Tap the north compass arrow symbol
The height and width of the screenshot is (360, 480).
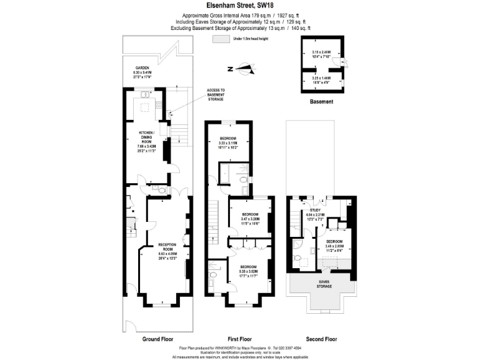[244, 69]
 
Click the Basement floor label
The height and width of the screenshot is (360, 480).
[321, 101]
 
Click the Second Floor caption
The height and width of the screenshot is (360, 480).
[321, 339]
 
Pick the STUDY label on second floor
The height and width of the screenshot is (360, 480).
[316, 210]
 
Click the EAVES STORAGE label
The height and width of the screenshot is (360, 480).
[324, 284]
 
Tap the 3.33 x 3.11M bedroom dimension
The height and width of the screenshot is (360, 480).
[229, 143]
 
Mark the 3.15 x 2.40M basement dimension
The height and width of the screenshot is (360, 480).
[321, 52]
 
